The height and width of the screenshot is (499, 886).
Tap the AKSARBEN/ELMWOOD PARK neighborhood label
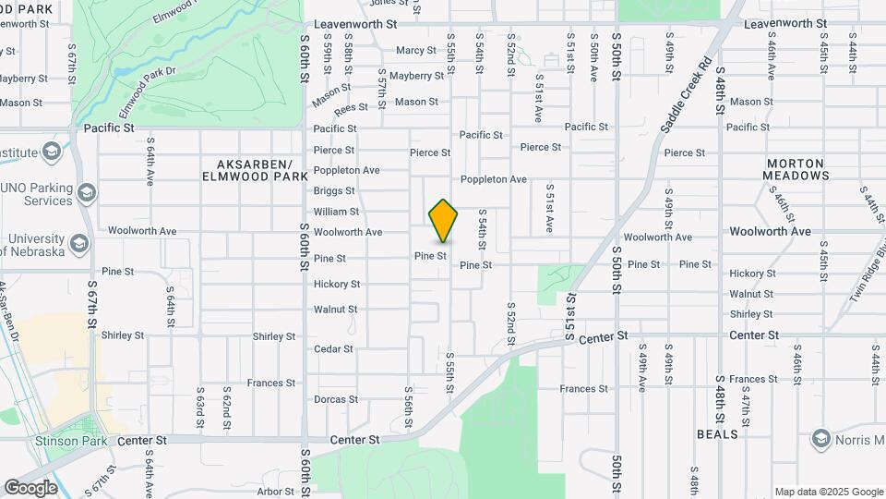(x=255, y=168)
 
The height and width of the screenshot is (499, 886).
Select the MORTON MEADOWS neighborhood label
(x=796, y=169)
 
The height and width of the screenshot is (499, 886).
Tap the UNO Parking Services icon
(x=87, y=193)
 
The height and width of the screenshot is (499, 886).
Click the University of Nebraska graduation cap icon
(x=79, y=244)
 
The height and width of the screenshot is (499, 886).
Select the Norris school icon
(x=820, y=439)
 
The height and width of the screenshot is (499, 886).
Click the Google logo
(x=30, y=488)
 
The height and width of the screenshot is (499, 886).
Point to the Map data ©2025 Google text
(x=829, y=492)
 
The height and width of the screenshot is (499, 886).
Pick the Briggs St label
(x=334, y=191)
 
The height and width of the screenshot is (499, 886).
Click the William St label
(x=336, y=212)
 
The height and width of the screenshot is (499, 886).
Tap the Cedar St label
(x=333, y=349)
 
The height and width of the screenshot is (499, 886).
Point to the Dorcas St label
(x=336, y=400)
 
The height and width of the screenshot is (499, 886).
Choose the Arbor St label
(x=276, y=492)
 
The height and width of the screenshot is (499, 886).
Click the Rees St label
(x=351, y=109)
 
